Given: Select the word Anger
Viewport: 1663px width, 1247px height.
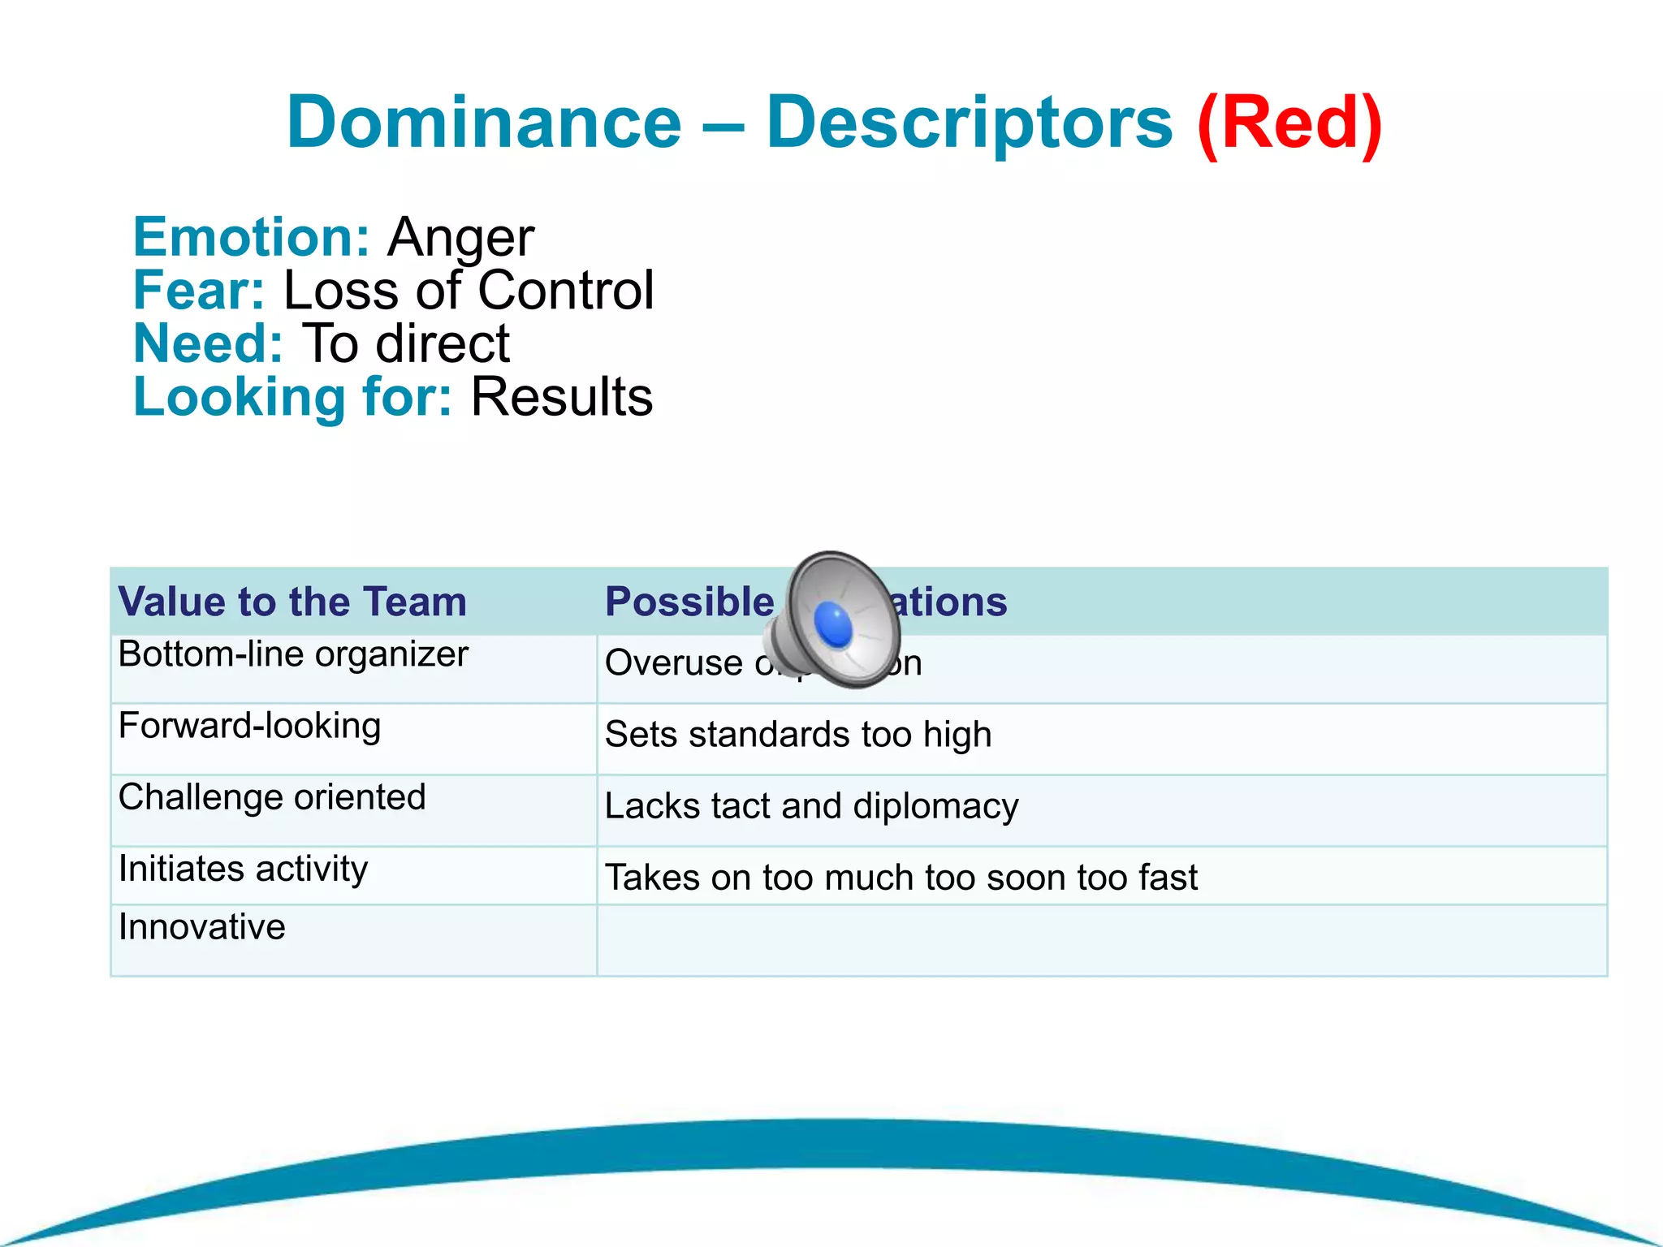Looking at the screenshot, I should pos(460,238).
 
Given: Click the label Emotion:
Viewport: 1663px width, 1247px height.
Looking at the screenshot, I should pos(251,237).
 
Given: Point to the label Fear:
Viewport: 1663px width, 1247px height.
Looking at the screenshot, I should pos(199,291).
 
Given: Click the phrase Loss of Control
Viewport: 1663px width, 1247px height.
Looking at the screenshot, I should pos(468,291).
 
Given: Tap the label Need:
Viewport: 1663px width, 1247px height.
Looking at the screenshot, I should pos(208,343).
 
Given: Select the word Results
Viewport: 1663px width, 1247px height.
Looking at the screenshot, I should pos(561,397).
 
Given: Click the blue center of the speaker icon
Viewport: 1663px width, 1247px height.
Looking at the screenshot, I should pos(833,625).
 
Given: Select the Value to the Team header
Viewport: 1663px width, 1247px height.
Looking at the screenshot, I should pos(292,602).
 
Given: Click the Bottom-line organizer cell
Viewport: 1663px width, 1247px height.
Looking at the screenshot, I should pos(292,654).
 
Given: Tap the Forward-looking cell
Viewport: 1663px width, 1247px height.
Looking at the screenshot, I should pos(249,726).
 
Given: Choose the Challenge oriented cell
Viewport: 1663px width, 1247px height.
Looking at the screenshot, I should pos(272,797).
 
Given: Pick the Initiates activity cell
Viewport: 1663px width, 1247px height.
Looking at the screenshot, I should pos(243,869).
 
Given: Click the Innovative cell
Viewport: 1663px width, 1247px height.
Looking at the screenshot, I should pos(201,927).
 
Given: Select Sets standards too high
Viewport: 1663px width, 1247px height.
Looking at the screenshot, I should pos(797,735).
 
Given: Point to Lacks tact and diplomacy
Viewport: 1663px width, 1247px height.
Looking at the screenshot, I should pos(811,806).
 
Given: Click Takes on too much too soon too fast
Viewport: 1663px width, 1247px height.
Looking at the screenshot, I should pos(901,878).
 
